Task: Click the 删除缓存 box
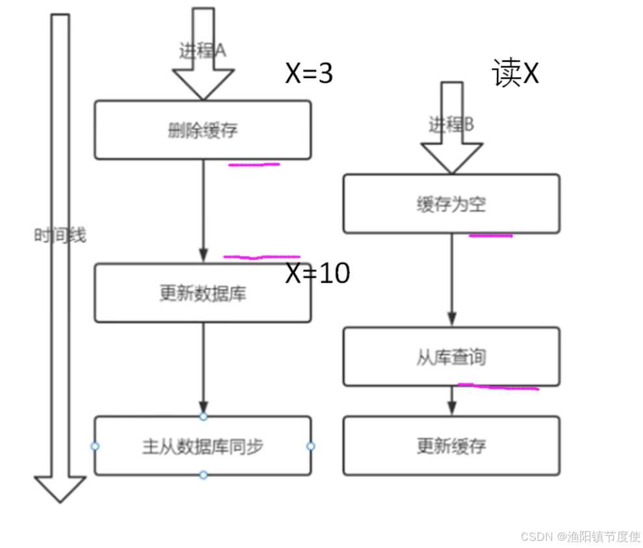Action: click(x=202, y=130)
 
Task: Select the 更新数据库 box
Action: click(x=202, y=293)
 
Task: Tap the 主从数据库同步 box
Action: click(x=202, y=447)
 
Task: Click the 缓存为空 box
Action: click(x=451, y=204)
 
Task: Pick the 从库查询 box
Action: click(x=451, y=357)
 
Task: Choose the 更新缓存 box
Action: click(x=451, y=446)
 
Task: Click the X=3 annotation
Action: click(x=309, y=74)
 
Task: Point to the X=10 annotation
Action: click(x=318, y=274)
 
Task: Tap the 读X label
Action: click(x=516, y=74)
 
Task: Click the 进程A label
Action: click(x=202, y=51)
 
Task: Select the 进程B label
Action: click(x=451, y=124)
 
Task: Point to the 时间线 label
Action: click(x=60, y=235)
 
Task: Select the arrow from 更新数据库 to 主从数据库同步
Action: click(x=203, y=367)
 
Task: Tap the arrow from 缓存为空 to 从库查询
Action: click(x=452, y=280)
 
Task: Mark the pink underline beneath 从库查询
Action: click(x=499, y=387)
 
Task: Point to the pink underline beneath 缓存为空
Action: click(x=491, y=235)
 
